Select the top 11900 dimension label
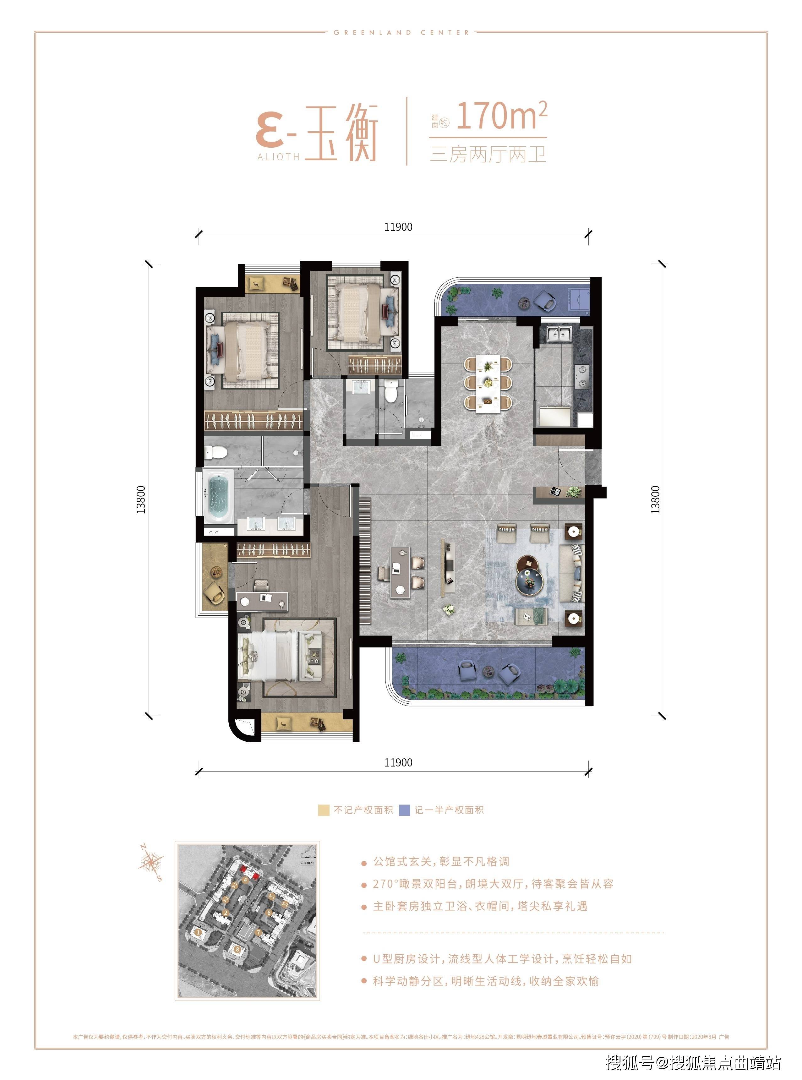(398, 227)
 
